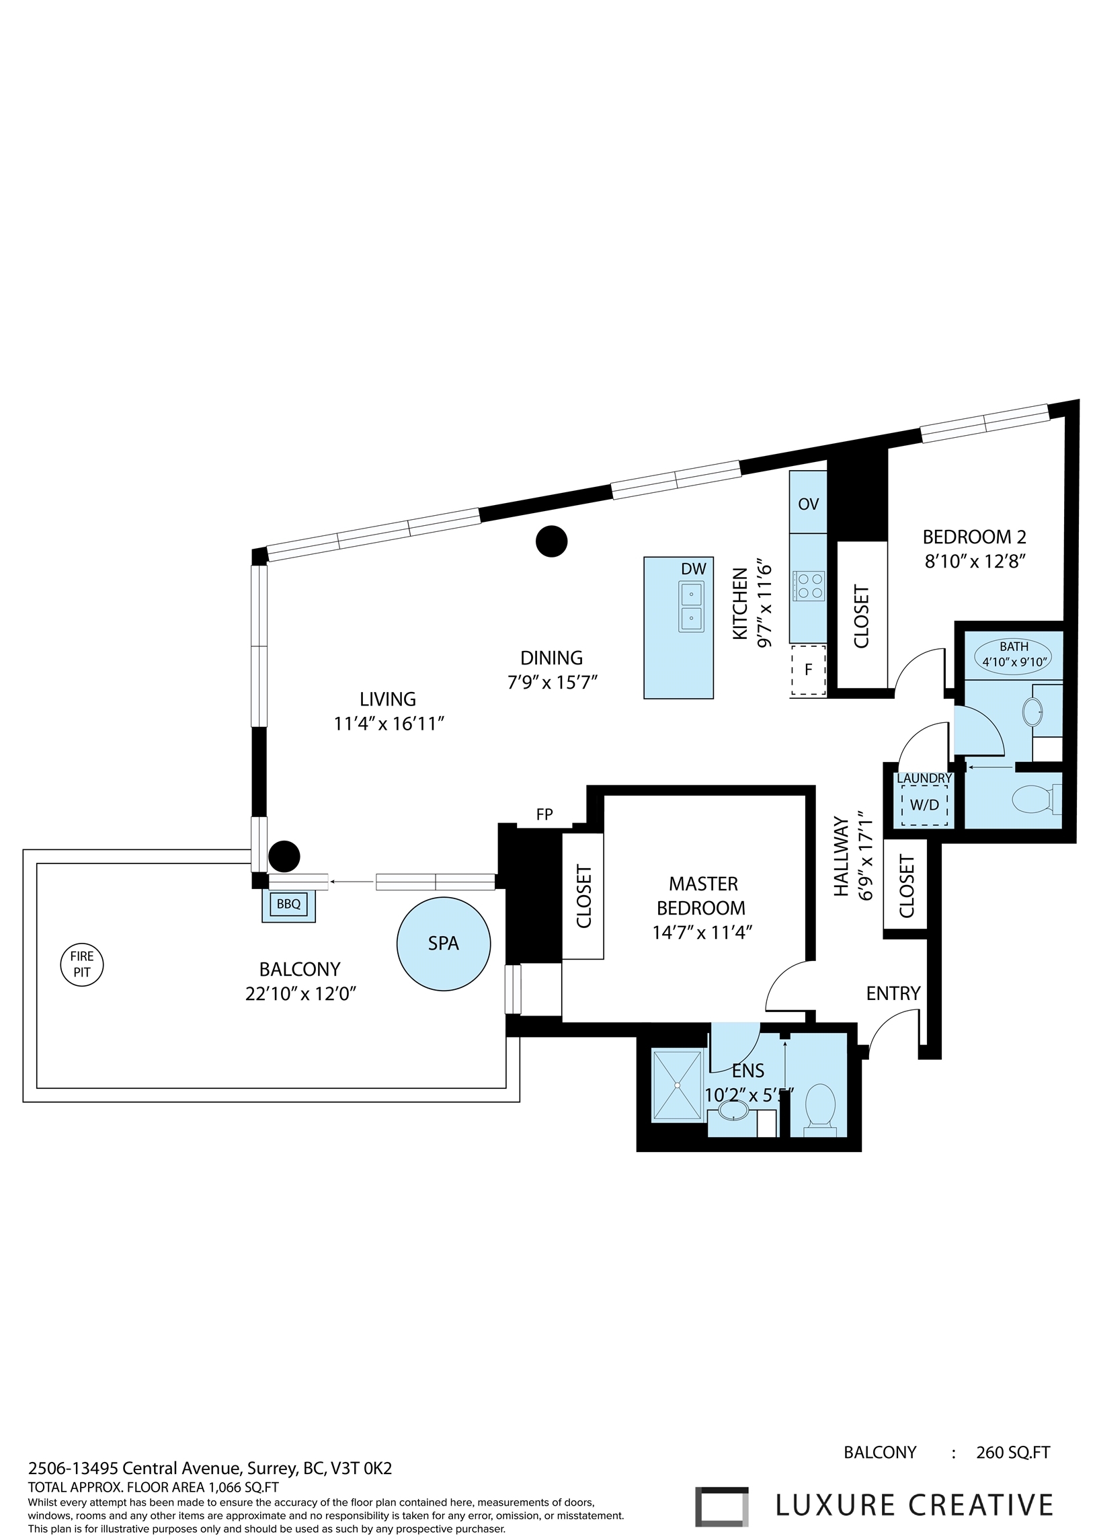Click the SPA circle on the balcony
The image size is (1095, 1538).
click(443, 944)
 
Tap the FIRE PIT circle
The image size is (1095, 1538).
click(81, 964)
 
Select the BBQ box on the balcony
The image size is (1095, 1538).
click(288, 904)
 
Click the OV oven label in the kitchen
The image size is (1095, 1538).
click(809, 503)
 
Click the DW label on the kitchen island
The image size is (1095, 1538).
click(693, 569)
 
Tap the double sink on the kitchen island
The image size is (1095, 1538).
click(691, 607)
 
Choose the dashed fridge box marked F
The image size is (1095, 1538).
click(809, 669)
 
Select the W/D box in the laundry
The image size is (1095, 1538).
click(924, 805)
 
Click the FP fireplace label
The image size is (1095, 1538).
click(544, 814)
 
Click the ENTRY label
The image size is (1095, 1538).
click(893, 993)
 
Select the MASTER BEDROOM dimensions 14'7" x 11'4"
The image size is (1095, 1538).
click(702, 932)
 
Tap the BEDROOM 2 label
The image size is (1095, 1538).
click(974, 537)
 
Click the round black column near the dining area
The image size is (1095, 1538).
click(552, 541)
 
